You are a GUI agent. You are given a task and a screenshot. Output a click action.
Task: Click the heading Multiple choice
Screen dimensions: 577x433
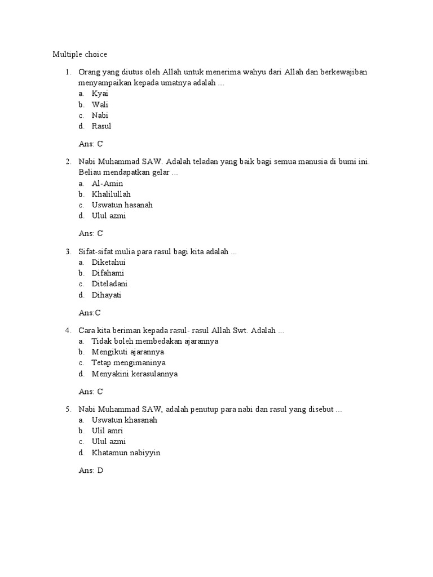pyautogui.click(x=79, y=55)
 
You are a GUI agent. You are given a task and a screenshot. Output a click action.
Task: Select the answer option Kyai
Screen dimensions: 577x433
pyautogui.click(x=100, y=94)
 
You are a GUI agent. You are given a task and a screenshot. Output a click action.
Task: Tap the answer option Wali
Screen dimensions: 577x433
pyautogui.click(x=100, y=104)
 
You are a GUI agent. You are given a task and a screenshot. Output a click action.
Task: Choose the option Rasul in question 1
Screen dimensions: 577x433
pyautogui.click(x=101, y=126)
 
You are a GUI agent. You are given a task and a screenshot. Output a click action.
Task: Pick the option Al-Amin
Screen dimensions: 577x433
pyautogui.click(x=107, y=184)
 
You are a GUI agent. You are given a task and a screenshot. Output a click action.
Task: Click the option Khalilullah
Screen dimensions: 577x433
pyautogui.click(x=111, y=194)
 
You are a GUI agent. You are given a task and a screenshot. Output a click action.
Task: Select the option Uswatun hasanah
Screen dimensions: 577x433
pyautogui.click(x=122, y=205)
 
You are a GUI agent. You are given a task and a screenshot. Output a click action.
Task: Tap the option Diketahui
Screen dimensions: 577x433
pyautogui.click(x=108, y=263)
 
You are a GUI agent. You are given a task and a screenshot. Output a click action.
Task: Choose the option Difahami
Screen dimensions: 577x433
pyautogui.click(x=108, y=273)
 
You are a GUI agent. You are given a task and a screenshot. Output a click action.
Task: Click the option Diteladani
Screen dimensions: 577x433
pyautogui.click(x=109, y=284)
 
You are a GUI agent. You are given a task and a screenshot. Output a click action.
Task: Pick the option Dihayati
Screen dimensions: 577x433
pyautogui.click(x=107, y=295)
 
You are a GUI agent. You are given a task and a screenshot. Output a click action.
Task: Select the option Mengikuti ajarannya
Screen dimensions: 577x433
pyautogui.click(x=128, y=352)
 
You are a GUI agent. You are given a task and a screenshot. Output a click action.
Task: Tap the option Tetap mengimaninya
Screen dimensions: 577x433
pyautogui.click(x=129, y=363)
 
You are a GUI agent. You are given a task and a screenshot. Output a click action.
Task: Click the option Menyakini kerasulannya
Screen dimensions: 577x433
pyautogui.click(x=135, y=374)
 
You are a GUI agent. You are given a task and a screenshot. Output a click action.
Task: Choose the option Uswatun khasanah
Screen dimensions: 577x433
pyautogui.click(x=125, y=420)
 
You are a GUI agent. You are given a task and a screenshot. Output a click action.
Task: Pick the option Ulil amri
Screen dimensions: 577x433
pyautogui.click(x=107, y=431)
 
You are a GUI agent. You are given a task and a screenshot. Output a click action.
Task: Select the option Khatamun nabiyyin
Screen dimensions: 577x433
pyautogui.click(x=126, y=452)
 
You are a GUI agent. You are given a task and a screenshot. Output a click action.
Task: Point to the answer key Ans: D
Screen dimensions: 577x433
pyautogui.click(x=91, y=471)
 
